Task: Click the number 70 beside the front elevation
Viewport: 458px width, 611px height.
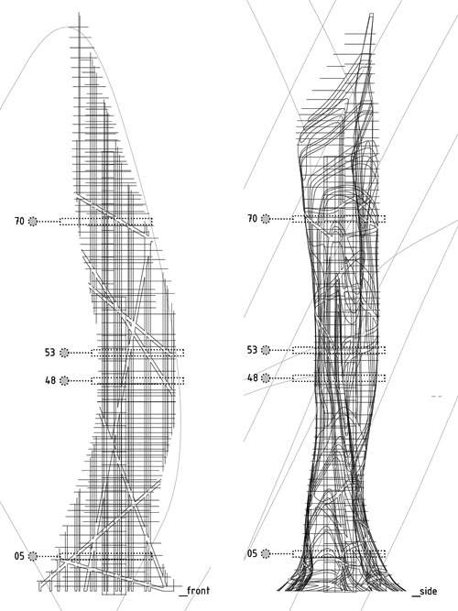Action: point(19,222)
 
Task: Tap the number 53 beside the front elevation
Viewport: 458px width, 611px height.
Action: point(50,353)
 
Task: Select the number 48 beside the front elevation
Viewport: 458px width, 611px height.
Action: point(50,380)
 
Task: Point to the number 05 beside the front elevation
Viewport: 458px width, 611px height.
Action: point(19,556)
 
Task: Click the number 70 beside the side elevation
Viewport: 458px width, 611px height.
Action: point(253,219)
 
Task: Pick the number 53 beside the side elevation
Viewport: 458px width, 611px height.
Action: point(253,350)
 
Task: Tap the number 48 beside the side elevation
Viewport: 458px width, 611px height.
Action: point(253,377)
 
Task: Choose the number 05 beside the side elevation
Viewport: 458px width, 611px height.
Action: point(253,553)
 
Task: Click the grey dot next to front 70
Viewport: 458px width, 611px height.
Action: point(33,222)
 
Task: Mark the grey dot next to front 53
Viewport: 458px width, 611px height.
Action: point(64,353)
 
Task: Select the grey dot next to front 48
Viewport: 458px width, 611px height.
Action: point(64,380)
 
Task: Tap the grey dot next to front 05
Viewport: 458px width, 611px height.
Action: point(33,556)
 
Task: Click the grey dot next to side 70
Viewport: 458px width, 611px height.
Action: point(266,219)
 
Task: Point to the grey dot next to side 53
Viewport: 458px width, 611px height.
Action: point(266,350)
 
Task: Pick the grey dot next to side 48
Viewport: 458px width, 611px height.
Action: point(266,378)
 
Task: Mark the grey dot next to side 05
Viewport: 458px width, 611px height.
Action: point(266,553)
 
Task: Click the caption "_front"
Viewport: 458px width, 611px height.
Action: point(194,591)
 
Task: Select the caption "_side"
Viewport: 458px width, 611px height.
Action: point(424,591)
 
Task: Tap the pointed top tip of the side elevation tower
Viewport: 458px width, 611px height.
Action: point(372,15)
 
